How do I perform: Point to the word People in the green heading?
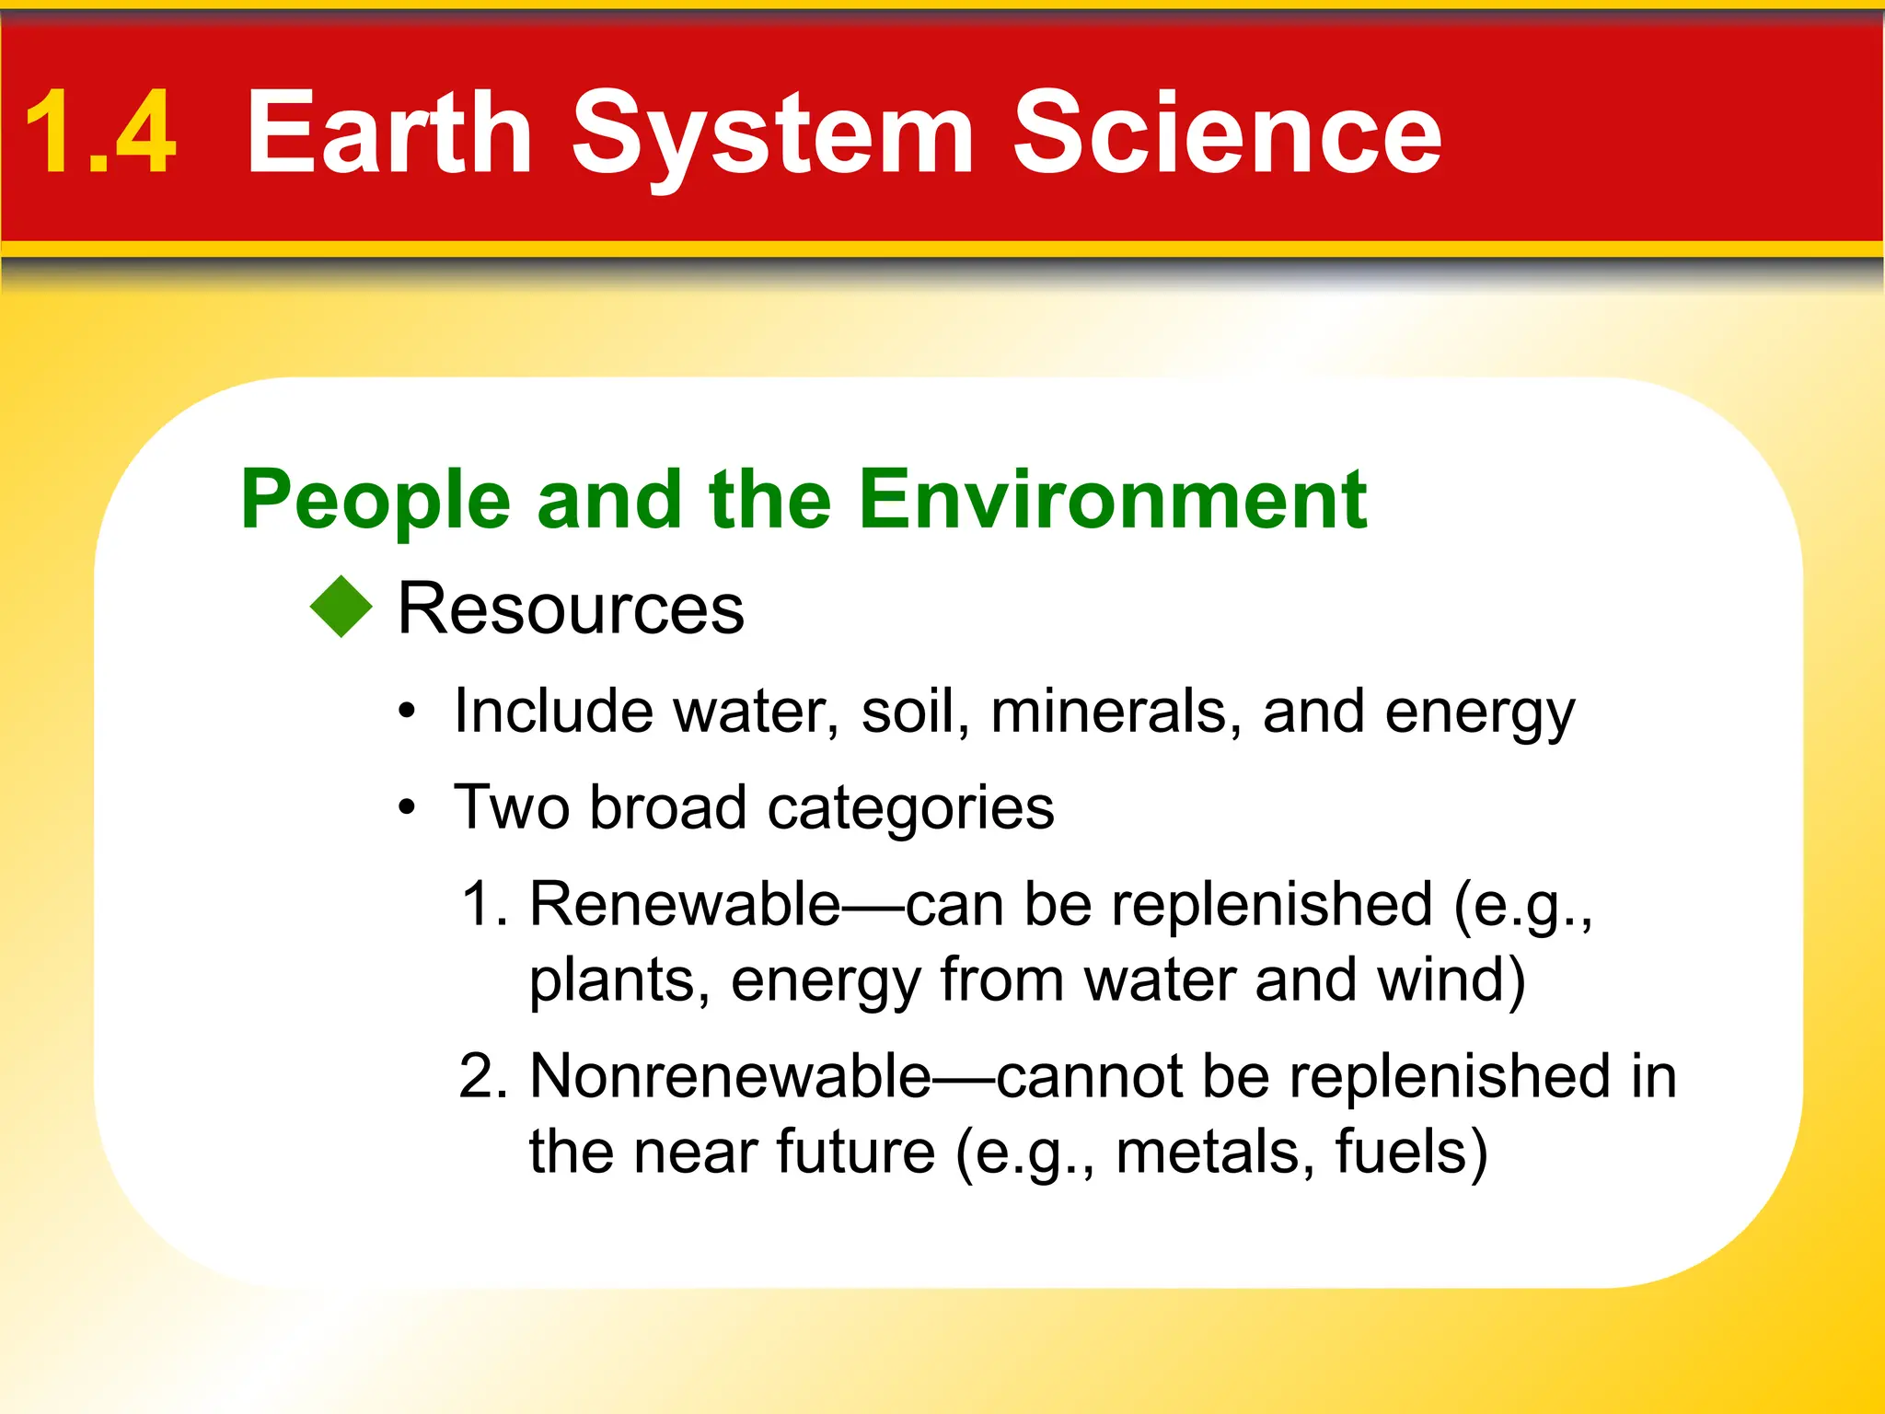375,501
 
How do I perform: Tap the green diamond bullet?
341,607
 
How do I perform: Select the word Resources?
570,609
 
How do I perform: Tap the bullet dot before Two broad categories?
408,808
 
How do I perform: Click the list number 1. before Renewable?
484,904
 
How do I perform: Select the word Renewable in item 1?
684,904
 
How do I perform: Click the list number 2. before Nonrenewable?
484,1076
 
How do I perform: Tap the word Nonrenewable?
731,1076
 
